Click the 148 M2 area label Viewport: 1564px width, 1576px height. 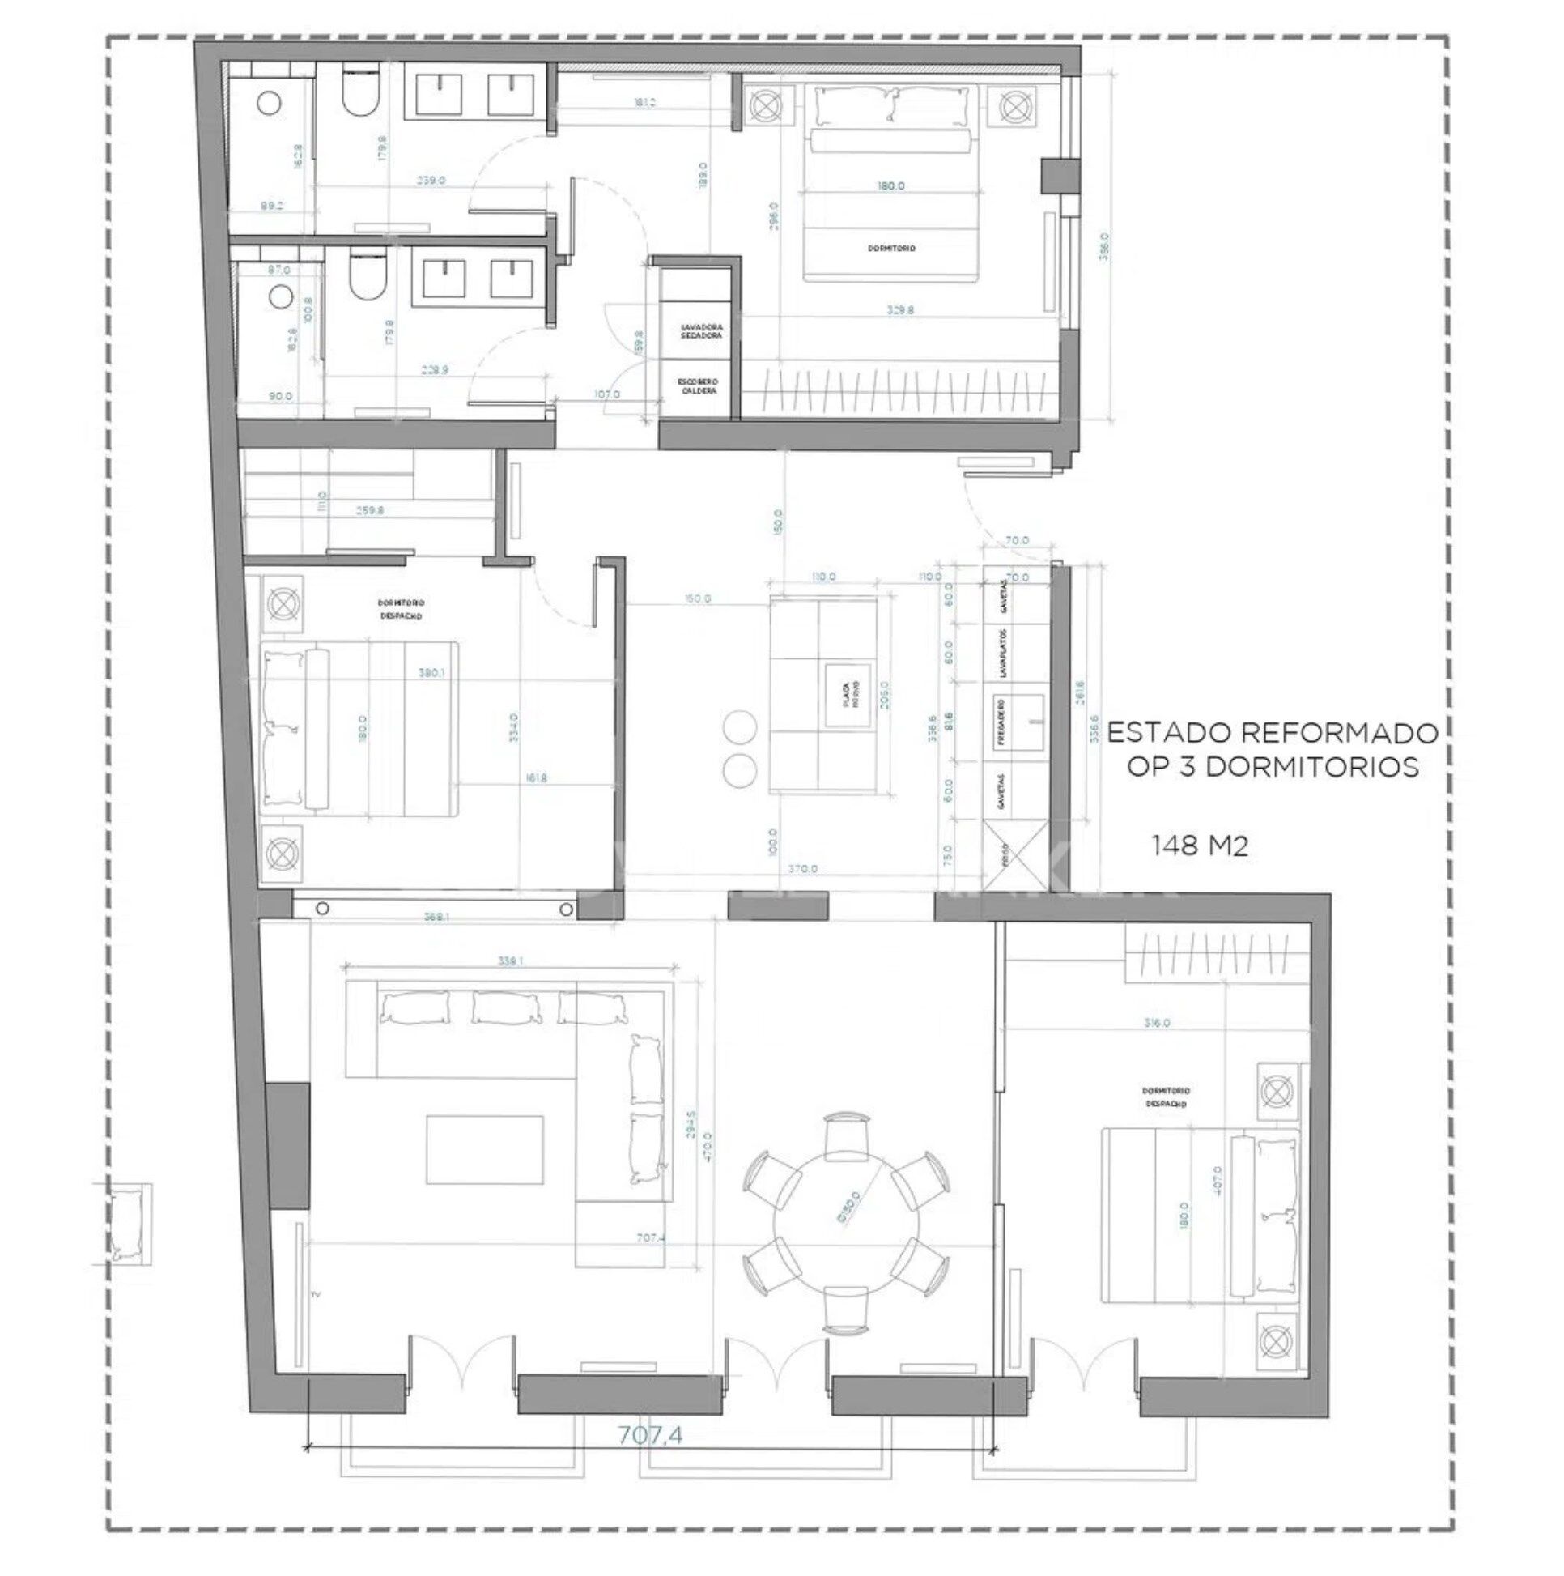point(1199,847)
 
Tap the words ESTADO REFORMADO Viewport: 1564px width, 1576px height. point(1272,733)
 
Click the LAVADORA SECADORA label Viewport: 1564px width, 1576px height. point(701,330)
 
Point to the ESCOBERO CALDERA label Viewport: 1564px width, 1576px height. point(699,385)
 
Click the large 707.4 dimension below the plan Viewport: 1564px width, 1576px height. point(649,1434)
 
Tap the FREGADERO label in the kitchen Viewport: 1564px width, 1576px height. point(1001,722)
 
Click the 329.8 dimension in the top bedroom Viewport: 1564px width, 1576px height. point(899,310)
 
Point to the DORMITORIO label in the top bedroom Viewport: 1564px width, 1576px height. point(890,248)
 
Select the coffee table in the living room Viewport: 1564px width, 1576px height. point(484,1150)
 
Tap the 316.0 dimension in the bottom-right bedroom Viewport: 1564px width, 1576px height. point(1156,1022)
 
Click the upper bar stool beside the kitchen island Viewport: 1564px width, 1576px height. point(741,726)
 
